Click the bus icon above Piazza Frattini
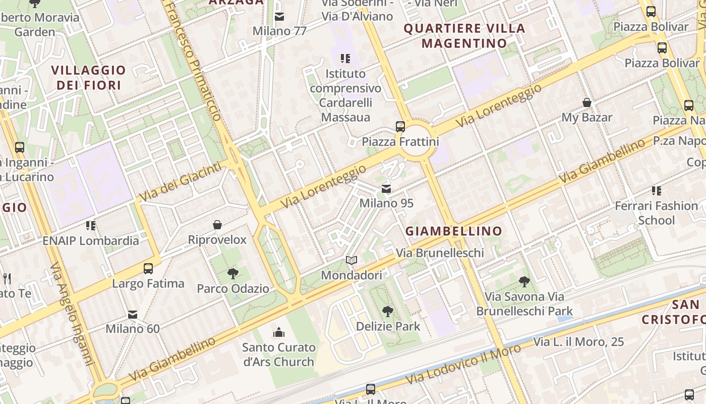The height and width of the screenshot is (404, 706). [x=400, y=126]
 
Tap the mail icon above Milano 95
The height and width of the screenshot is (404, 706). [x=386, y=189]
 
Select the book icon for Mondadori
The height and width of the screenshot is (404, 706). [x=351, y=261]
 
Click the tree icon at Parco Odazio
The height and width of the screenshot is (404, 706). [x=233, y=274]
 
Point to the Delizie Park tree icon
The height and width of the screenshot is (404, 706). [x=388, y=312]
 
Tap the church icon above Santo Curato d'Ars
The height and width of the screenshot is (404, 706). [x=279, y=332]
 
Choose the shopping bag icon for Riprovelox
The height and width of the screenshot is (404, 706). [x=217, y=225]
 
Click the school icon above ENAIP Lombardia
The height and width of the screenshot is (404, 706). [x=91, y=225]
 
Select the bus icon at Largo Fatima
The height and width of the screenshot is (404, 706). [x=148, y=269]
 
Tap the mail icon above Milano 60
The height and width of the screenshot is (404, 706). [x=133, y=315]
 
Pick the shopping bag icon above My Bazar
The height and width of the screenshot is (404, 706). [x=587, y=103]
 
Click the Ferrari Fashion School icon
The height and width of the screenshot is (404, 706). [x=656, y=191]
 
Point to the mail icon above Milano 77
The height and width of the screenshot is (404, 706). [x=279, y=17]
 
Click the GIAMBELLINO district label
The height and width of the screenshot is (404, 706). [x=454, y=231]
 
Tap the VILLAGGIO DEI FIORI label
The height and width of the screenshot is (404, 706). [x=89, y=77]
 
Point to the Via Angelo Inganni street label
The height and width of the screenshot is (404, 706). [x=72, y=313]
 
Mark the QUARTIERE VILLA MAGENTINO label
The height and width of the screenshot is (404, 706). [x=464, y=35]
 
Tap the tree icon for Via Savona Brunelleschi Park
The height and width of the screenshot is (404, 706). [x=524, y=282]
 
